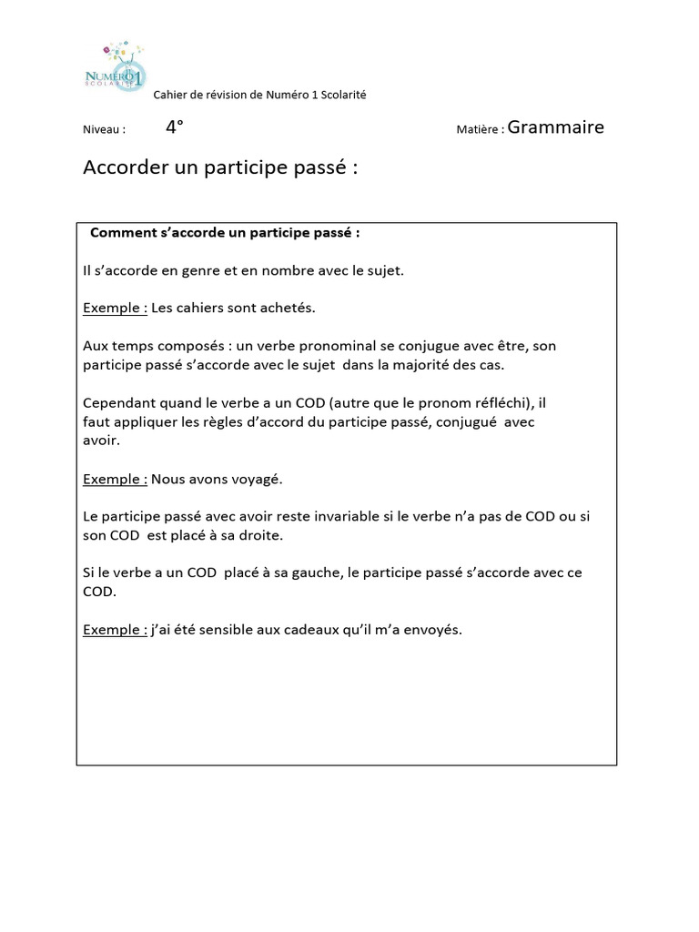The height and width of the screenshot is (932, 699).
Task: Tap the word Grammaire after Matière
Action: click(555, 127)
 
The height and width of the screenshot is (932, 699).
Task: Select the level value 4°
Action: click(175, 127)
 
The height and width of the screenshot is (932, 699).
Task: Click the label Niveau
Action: click(103, 130)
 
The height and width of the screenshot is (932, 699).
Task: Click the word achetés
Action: click(287, 308)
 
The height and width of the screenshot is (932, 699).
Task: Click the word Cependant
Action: click(121, 402)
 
